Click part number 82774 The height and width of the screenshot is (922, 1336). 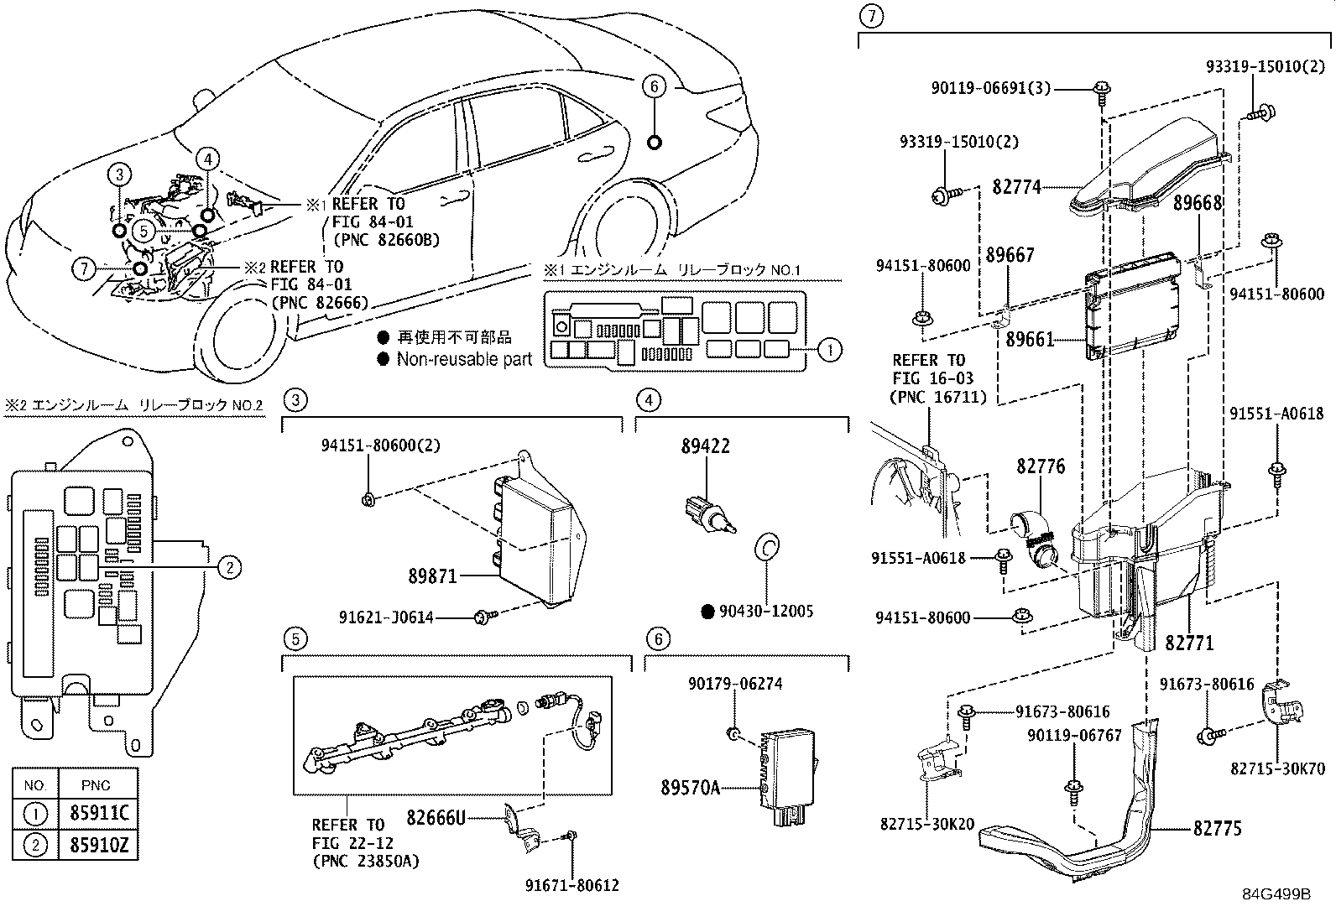(1016, 186)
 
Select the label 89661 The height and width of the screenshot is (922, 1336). (1029, 340)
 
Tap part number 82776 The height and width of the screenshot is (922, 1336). (1041, 466)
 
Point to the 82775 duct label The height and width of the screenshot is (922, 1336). (1218, 829)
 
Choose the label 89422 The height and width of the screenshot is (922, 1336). (705, 447)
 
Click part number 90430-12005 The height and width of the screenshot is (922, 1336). (765, 612)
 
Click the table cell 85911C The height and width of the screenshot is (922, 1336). (97, 814)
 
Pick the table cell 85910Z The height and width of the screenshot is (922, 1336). (97, 845)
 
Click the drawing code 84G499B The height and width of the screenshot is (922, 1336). (1276, 894)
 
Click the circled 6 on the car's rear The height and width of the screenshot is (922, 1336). (655, 86)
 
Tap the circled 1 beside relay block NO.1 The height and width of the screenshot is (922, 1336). (829, 350)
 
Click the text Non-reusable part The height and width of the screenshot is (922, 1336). (464, 360)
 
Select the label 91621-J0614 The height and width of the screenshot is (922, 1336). (386, 617)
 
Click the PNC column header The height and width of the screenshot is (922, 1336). (97, 785)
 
